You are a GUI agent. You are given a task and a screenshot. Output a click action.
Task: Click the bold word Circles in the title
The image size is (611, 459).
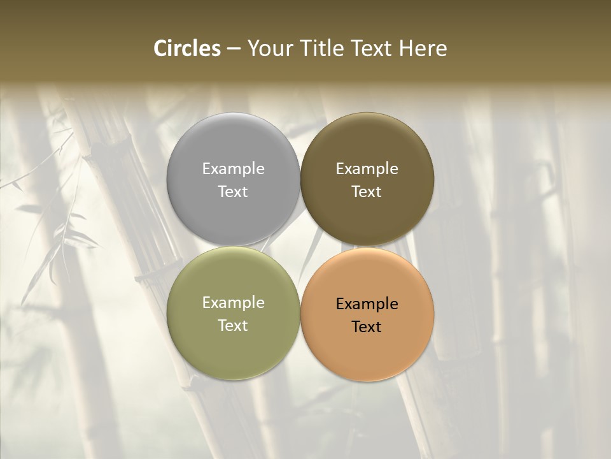tap(187, 48)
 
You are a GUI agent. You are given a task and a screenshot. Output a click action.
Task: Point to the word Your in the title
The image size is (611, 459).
tap(269, 48)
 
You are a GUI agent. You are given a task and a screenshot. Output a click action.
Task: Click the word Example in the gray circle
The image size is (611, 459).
tap(233, 169)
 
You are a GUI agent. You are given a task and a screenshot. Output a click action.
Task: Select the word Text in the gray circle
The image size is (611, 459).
tap(233, 191)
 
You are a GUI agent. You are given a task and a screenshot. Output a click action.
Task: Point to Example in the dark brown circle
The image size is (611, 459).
tap(367, 169)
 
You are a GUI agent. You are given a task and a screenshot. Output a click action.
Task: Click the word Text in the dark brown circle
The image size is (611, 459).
tap(367, 191)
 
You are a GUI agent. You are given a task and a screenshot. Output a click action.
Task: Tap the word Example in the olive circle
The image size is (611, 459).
tap(233, 303)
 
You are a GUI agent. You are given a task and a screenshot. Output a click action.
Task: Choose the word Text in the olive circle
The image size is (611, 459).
tap(233, 325)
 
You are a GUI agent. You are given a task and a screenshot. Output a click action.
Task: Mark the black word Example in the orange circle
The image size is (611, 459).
tap(367, 304)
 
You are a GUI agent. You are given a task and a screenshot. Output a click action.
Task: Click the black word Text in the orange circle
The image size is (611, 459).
tap(367, 326)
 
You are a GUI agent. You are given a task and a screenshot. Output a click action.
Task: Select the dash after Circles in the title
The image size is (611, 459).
tap(234, 48)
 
